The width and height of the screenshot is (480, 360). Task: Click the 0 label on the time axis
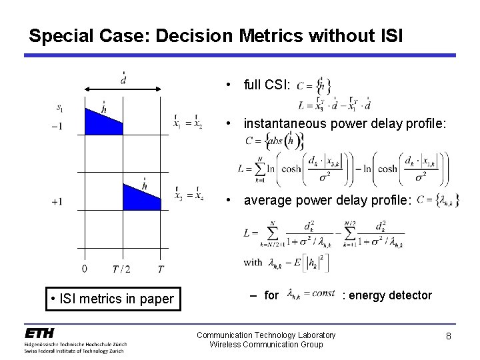[84, 269]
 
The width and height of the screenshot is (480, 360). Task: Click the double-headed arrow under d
[123, 87]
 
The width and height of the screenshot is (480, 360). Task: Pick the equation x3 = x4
[187, 196]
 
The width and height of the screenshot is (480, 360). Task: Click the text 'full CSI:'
[267, 85]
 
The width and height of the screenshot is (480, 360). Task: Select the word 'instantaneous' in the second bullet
[284, 123]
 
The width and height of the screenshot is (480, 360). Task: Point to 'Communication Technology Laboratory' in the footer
[265, 334]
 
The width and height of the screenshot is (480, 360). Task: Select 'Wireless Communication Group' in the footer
[265, 344]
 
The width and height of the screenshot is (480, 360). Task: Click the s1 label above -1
[61, 107]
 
